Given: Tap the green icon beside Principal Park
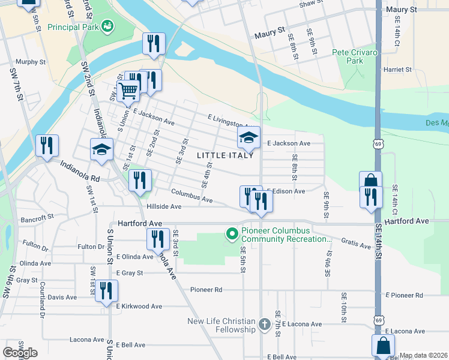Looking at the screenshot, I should pyautogui.click(x=107, y=26).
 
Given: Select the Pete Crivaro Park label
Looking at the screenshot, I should pyautogui.click(x=355, y=56).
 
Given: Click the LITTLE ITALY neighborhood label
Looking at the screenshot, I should pyautogui.click(x=221, y=155).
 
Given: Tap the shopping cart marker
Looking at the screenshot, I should pyautogui.click(x=127, y=91).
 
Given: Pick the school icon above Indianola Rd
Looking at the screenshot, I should pyautogui.click(x=101, y=149).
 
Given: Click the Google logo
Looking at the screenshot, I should pyautogui.click(x=20, y=353).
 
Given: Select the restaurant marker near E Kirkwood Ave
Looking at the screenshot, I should pyautogui.click(x=106, y=291).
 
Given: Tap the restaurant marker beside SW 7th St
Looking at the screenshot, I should pyautogui.click(x=47, y=145).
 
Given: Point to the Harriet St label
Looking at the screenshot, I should pyautogui.click(x=398, y=70).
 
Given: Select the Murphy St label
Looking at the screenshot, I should pyautogui.click(x=31, y=62).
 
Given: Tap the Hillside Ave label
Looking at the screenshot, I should pyautogui.click(x=163, y=206).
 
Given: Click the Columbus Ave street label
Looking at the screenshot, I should pyautogui.click(x=191, y=196).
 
